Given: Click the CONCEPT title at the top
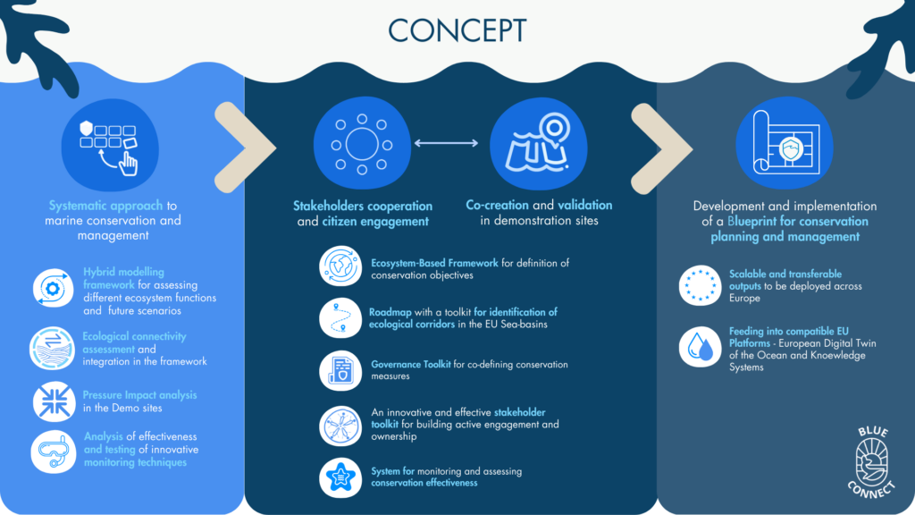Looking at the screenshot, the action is (457, 30).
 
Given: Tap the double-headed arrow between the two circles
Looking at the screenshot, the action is (446, 143).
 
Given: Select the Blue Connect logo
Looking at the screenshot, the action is (872, 462).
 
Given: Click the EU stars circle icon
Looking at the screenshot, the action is (700, 285).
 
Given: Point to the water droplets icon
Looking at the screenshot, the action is (700, 347).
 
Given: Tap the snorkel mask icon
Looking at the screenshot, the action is (53, 452).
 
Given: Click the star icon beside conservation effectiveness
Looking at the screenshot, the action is (340, 477).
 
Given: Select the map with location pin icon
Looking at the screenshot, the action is (538, 143).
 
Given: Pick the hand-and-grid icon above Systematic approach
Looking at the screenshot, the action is (110, 146).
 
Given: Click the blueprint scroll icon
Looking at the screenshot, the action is (785, 143).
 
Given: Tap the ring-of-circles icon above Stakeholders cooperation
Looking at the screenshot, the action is (362, 143).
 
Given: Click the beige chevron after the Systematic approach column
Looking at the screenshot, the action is (245, 148).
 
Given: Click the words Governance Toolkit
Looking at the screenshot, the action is (411, 365).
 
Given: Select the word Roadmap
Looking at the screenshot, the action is (390, 312).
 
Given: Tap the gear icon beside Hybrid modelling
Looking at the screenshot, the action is (53, 289).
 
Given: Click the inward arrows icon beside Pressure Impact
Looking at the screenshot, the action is (54, 401).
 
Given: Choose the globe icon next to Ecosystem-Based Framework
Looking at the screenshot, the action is (340, 266).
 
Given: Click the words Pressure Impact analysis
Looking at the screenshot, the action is (139, 395).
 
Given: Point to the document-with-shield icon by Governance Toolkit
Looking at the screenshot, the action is (340, 371).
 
